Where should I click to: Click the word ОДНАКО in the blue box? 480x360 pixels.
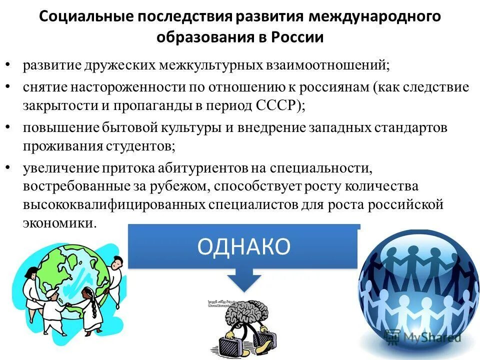tap(243, 247)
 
